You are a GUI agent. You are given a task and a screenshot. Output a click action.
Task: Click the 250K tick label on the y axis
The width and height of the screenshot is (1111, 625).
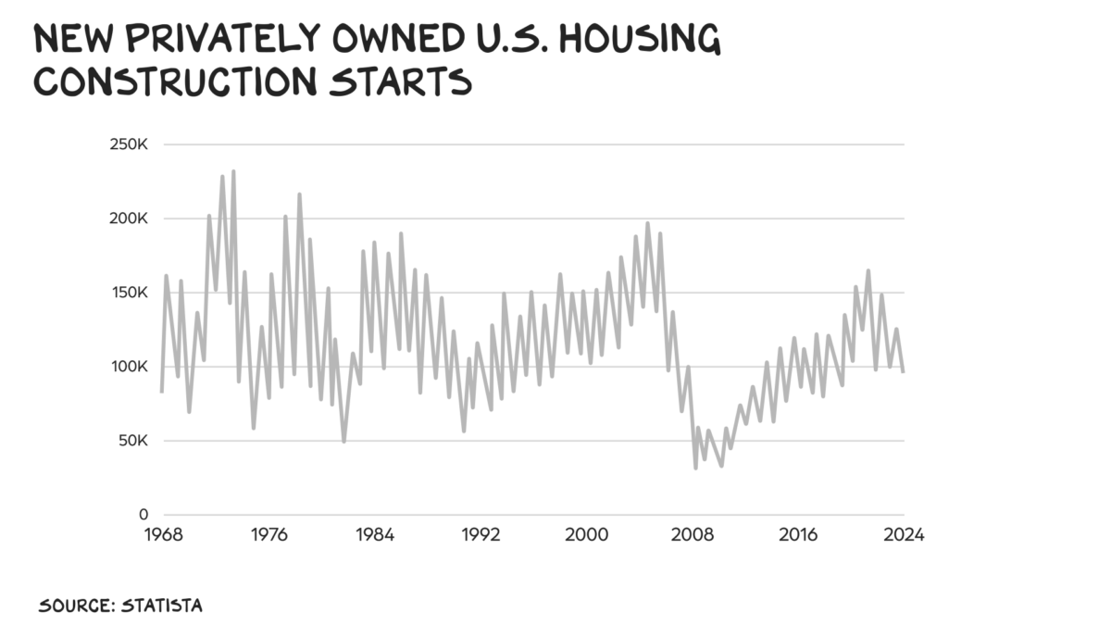131,145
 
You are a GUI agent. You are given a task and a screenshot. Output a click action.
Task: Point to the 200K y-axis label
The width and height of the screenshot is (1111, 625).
131,219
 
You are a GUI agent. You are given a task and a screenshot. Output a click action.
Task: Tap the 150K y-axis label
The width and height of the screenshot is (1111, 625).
131,293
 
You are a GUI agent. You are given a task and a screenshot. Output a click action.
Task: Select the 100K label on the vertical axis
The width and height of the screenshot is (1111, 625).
131,367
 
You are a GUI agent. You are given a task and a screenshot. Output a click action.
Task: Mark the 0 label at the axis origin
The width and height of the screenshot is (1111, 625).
144,515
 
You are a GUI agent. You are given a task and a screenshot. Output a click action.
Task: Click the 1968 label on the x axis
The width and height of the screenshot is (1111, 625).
163,536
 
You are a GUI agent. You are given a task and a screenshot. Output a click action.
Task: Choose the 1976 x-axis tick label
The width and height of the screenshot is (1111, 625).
268,536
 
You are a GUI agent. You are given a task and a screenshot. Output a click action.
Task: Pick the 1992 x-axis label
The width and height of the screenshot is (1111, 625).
481,536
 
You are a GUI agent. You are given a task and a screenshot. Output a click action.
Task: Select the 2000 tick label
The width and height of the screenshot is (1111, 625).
586,536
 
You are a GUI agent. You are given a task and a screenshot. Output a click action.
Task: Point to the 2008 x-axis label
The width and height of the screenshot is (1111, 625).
693,536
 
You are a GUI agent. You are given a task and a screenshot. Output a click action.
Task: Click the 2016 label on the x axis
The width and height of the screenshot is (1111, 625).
798,536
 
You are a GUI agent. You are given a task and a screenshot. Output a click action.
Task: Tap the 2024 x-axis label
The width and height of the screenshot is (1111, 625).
903,536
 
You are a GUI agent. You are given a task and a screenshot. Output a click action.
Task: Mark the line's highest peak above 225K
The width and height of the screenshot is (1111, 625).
233,171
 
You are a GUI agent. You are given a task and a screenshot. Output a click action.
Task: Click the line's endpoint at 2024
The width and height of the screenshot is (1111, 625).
904,371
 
